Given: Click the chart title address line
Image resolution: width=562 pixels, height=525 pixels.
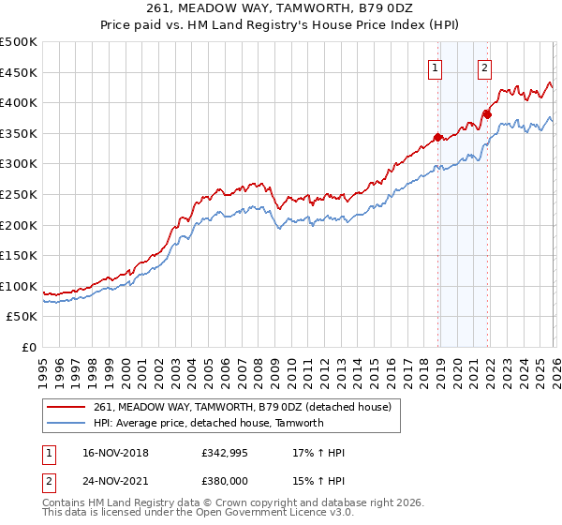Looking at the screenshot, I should (x=281, y=7).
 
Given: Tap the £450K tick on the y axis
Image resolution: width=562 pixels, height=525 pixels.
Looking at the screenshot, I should (x=20, y=72).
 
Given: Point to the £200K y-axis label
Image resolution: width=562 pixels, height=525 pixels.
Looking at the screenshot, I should (x=20, y=225).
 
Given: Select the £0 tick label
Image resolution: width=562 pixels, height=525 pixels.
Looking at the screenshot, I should (x=29, y=348).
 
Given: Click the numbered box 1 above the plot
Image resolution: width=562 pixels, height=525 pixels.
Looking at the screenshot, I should (x=436, y=67).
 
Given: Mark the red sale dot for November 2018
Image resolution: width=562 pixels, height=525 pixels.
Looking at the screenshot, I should (x=438, y=137).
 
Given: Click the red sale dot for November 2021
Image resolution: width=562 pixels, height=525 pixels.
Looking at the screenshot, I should (x=487, y=114).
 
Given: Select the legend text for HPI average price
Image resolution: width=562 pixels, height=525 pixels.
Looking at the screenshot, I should (x=208, y=423).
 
